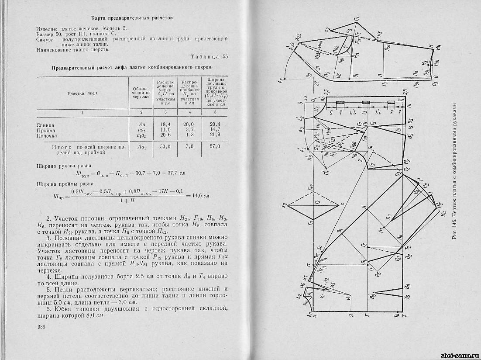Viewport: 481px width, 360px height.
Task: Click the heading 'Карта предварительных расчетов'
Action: (132, 18)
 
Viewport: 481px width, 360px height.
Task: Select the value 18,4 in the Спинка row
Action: (165, 125)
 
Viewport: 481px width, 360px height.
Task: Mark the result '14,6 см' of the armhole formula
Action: (199, 195)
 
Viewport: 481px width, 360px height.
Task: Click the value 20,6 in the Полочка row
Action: (165, 135)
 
